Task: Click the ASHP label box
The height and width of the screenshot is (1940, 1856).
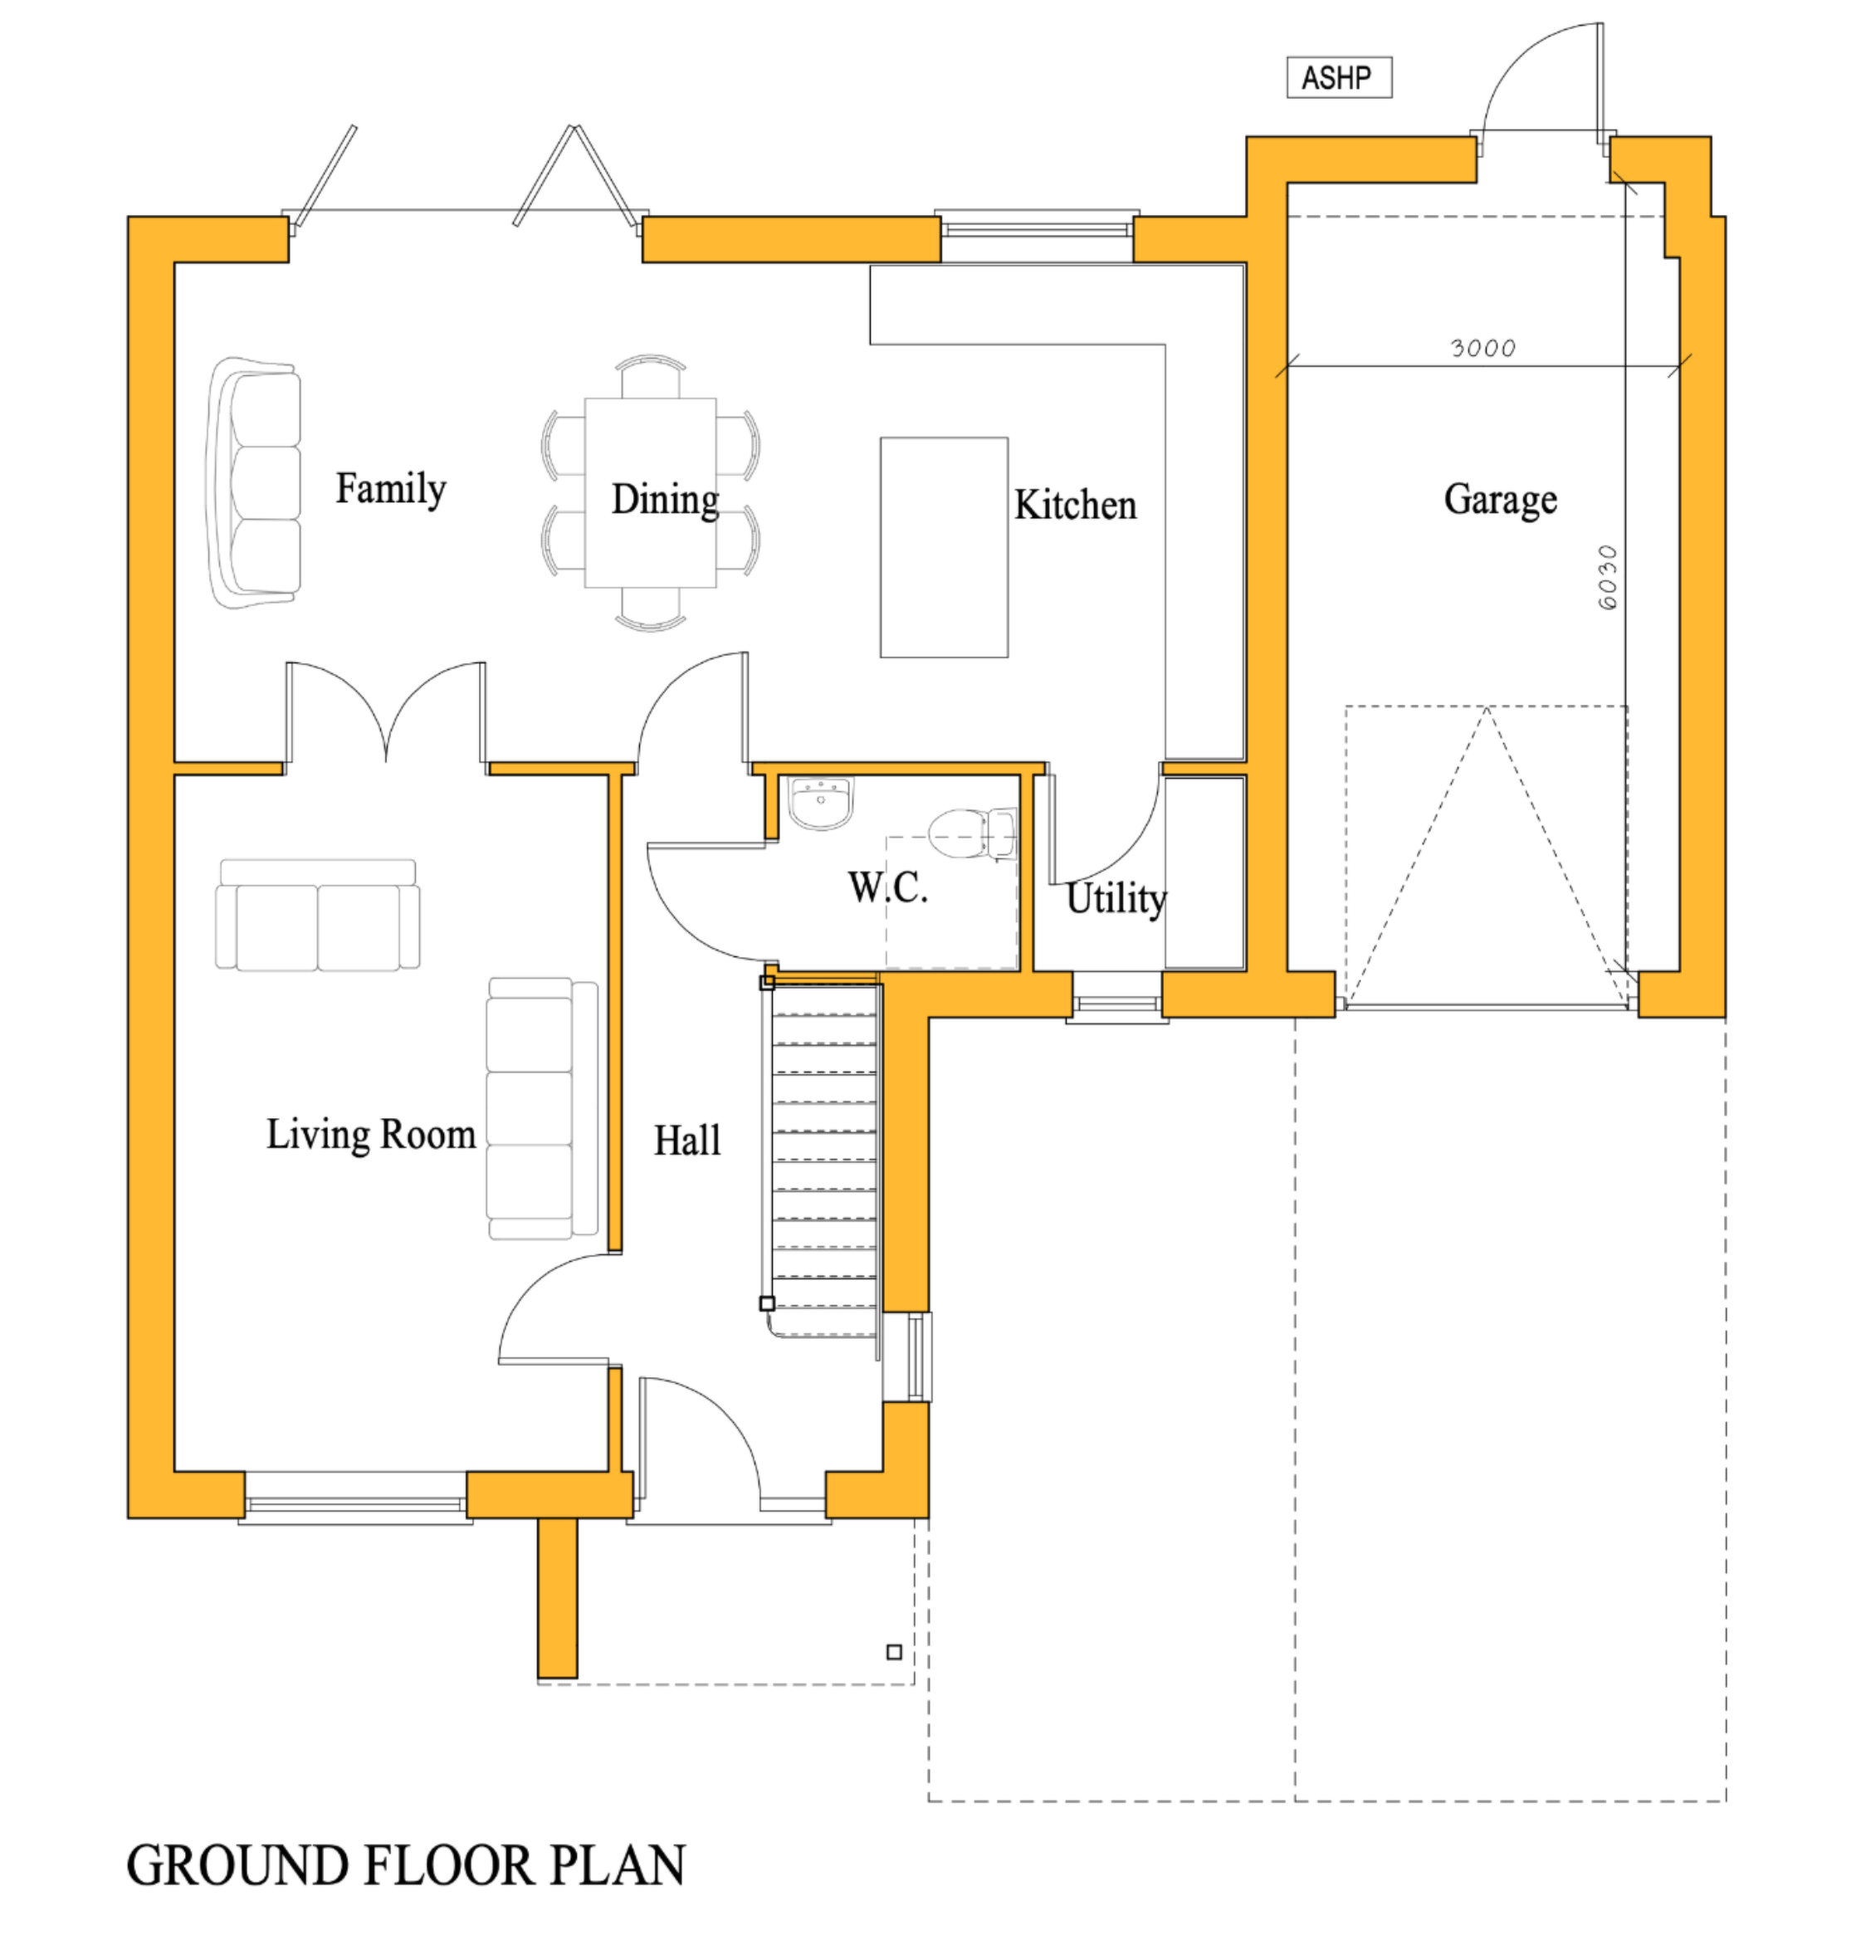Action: tap(1339, 77)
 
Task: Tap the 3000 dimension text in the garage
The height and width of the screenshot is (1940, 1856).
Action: tap(1482, 348)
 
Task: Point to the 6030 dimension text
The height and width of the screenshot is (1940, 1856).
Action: tap(1608, 578)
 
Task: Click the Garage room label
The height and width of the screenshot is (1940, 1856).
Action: tap(1500, 500)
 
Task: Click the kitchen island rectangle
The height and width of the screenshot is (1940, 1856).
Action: tap(944, 547)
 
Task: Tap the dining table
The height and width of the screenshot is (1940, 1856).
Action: tap(650, 492)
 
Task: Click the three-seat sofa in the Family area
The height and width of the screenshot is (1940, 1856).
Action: tap(256, 483)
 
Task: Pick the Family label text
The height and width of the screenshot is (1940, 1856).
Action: tap(390, 489)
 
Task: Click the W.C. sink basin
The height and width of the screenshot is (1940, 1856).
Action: tap(820, 803)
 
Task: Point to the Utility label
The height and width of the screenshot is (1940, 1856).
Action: tap(1116, 898)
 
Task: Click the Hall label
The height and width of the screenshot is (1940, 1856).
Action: tap(686, 1141)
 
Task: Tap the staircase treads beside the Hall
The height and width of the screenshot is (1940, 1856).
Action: tap(823, 1157)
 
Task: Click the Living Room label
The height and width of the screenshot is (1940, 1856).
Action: tap(371, 1134)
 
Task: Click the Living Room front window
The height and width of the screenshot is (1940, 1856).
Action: tap(355, 1506)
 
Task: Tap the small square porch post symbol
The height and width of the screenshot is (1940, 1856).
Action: tap(893, 1652)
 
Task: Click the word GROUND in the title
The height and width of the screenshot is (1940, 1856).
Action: tap(237, 1867)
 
